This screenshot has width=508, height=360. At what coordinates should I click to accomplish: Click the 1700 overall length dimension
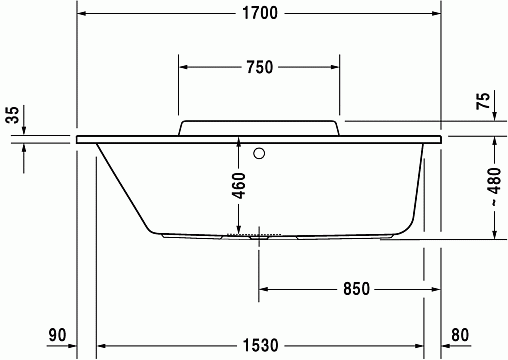(260, 13)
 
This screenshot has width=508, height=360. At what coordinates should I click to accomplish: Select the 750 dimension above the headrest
(260, 67)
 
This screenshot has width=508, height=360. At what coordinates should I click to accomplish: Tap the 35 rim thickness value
(12, 115)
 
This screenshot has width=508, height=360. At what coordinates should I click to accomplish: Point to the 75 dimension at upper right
(483, 101)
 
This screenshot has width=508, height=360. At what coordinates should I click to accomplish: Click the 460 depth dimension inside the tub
(239, 186)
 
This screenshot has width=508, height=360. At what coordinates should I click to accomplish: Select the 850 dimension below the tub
(356, 289)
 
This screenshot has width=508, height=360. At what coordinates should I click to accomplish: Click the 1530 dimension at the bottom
(260, 345)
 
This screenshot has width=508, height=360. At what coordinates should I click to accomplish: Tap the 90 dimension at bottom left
(57, 335)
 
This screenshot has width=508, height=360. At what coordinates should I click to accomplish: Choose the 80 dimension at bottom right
(460, 335)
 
